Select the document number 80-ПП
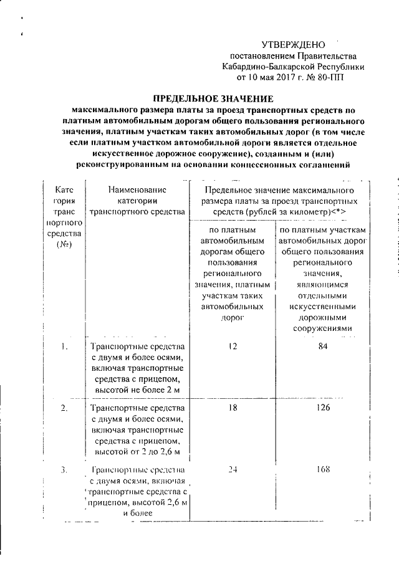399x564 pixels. click(x=329, y=78)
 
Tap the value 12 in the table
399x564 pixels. click(x=233, y=347)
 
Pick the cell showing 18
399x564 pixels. click(x=233, y=408)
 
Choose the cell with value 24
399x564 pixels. click(x=233, y=469)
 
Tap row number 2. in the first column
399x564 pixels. click(x=64, y=408)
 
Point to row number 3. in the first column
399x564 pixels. click(x=64, y=469)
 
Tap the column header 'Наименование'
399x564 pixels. click(x=137, y=189)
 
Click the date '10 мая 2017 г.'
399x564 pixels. click(x=274, y=78)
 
